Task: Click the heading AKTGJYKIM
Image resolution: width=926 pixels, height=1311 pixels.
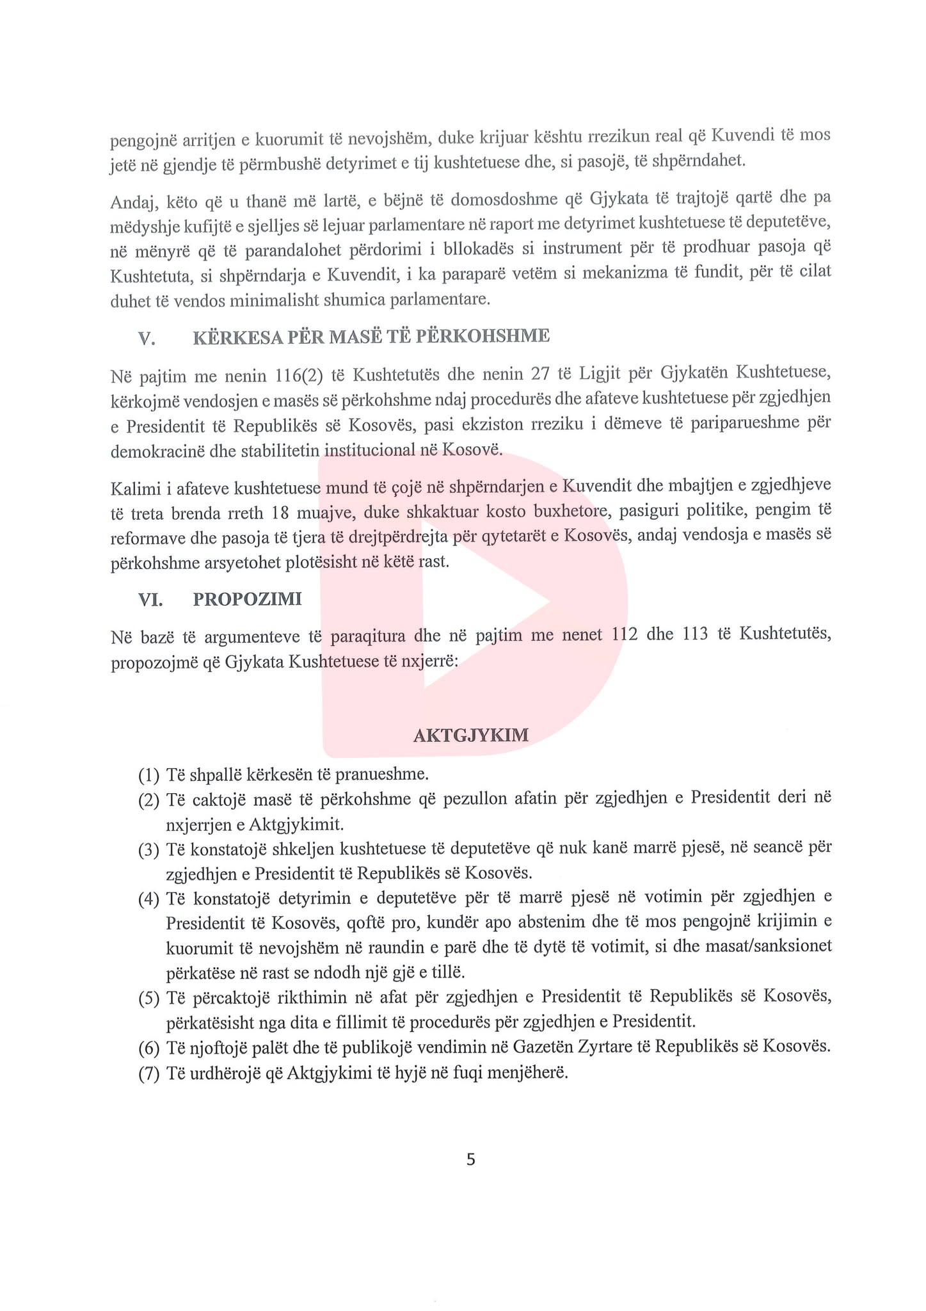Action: pyautogui.click(x=471, y=735)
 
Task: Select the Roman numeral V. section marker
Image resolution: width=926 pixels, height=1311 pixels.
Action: pyautogui.click(x=147, y=337)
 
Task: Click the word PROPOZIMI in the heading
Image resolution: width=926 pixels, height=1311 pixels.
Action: pyautogui.click(x=247, y=600)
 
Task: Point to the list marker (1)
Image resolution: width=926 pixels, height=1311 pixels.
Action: pyautogui.click(x=148, y=775)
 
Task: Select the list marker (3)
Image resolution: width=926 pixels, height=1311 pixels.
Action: pyautogui.click(x=148, y=849)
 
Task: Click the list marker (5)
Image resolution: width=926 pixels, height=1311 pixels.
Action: pyautogui.click(x=148, y=998)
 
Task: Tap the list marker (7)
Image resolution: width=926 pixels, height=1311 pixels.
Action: pyautogui.click(x=148, y=1074)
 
